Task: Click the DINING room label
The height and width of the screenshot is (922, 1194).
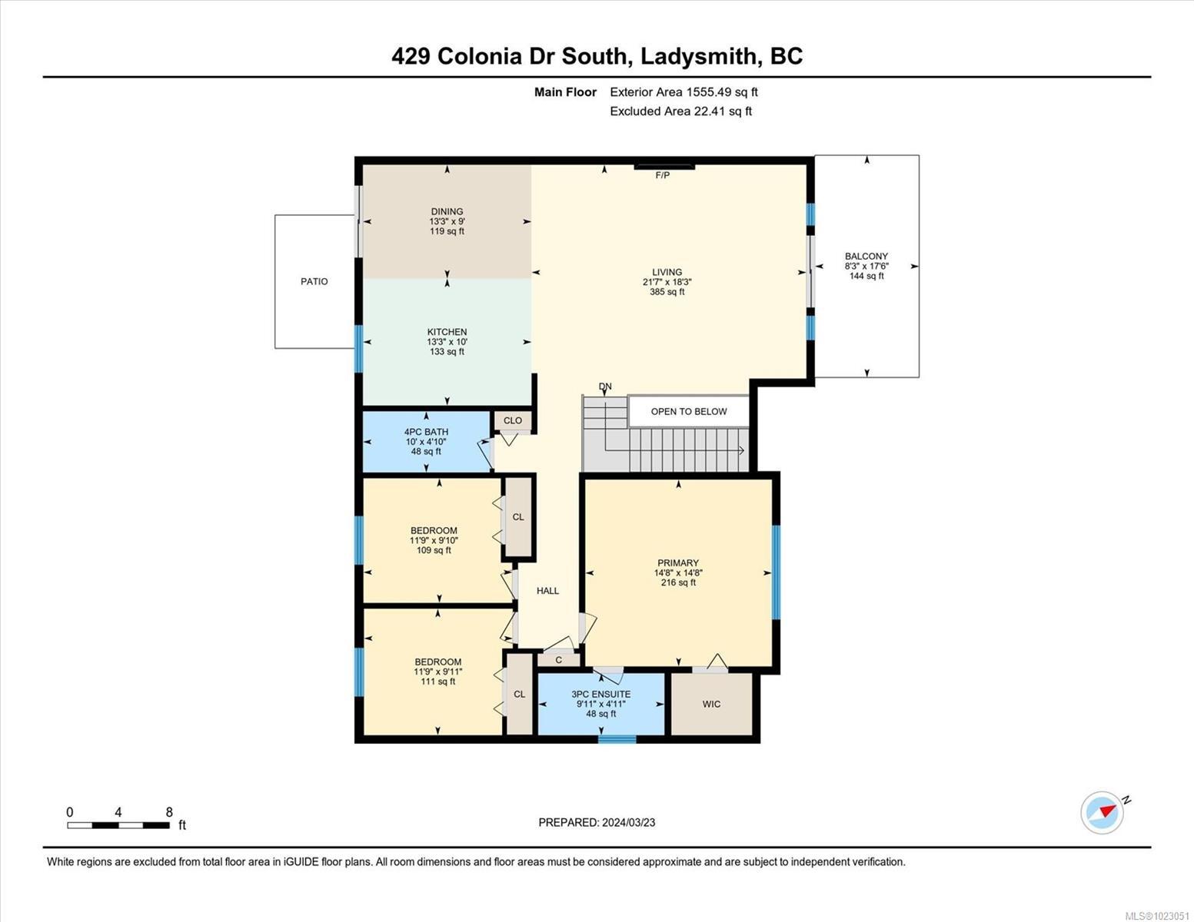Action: tap(447, 211)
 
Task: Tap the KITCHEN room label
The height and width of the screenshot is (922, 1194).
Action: tap(447, 332)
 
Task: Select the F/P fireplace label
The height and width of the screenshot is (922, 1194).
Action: tap(662, 175)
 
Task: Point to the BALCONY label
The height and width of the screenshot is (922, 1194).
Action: tap(866, 257)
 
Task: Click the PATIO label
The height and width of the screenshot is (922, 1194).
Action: tap(314, 281)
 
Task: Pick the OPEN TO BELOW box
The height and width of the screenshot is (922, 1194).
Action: tap(688, 411)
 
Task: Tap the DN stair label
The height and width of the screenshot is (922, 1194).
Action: tap(606, 386)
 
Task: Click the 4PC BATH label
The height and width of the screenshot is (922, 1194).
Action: tap(426, 432)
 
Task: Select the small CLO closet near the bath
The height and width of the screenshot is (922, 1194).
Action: tap(513, 420)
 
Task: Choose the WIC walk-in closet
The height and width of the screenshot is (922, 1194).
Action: tap(711, 704)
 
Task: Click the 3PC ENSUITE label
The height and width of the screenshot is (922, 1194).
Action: tap(600, 694)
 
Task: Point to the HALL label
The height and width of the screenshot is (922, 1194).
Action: tap(547, 591)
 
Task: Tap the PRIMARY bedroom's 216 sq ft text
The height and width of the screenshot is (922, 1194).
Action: tap(678, 582)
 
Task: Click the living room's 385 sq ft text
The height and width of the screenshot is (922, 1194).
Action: tap(667, 292)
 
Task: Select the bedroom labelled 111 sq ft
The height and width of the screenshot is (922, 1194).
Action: tap(437, 672)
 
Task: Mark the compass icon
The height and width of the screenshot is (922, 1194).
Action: tap(1103, 812)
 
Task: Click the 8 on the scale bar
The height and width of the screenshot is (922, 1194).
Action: tap(169, 812)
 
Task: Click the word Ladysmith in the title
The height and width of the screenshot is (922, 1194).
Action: tap(694, 56)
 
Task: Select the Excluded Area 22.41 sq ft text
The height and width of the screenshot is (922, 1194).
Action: tap(680, 111)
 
